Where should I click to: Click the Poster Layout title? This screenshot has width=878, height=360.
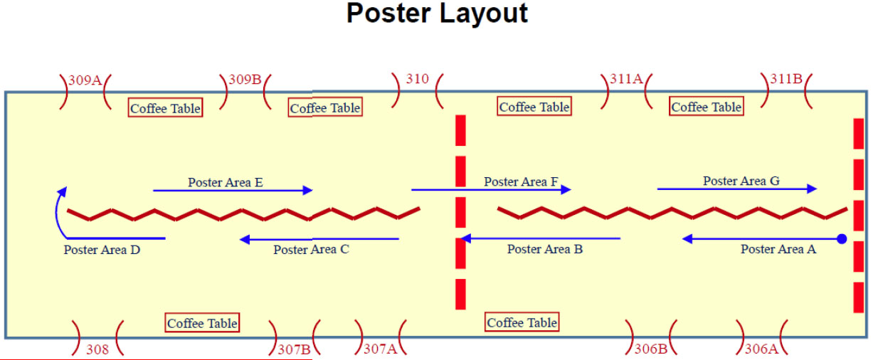pos(437,14)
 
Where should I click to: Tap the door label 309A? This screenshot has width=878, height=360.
pos(85,80)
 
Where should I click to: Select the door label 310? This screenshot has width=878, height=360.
pos(418,79)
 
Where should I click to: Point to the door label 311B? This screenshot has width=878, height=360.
pos(786,79)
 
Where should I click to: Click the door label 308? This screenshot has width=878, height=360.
pos(97,349)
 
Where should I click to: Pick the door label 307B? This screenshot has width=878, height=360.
pos(295,349)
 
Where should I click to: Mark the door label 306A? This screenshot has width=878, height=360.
pos(761,349)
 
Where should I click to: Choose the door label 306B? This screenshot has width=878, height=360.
pos(651,349)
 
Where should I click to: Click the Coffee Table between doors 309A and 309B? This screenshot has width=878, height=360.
pos(165,107)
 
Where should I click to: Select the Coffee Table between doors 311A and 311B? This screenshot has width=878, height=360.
pos(707,107)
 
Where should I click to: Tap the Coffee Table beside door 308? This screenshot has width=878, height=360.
pos(202,323)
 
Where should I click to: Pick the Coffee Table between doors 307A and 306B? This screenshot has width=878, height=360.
pos(522,322)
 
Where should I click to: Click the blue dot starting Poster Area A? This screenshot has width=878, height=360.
pos(842,238)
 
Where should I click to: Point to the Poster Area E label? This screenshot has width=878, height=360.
pos(226,182)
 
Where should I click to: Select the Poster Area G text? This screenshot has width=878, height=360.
pos(741,181)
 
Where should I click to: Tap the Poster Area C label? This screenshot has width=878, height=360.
pos(311,249)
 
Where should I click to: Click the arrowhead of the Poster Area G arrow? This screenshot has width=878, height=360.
pos(812,189)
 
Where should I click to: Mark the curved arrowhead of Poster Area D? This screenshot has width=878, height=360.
pos(63,191)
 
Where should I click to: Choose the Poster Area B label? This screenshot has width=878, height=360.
pos(545,249)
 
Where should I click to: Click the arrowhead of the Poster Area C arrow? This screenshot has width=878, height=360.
pos(245,239)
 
